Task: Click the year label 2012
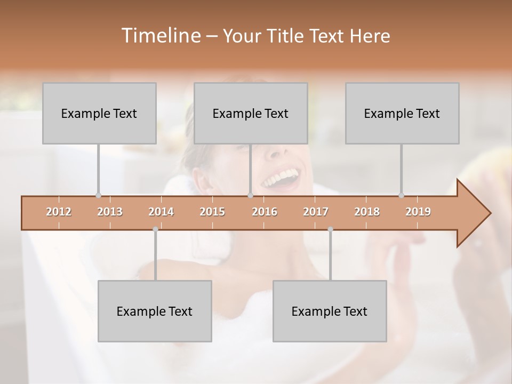59,212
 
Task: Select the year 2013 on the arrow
110,212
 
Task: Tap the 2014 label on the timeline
161,212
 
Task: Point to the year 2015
212,212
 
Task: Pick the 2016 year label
265,212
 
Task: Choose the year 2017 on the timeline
316,212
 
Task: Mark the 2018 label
367,212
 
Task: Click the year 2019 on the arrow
418,212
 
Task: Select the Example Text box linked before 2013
99,113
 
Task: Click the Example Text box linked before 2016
251,113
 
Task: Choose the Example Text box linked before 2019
402,113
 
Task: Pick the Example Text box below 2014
155,311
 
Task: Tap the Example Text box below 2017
330,311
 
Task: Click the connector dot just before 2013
98,195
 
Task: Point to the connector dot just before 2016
250,195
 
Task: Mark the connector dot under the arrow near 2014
155,229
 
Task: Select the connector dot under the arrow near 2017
330,229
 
